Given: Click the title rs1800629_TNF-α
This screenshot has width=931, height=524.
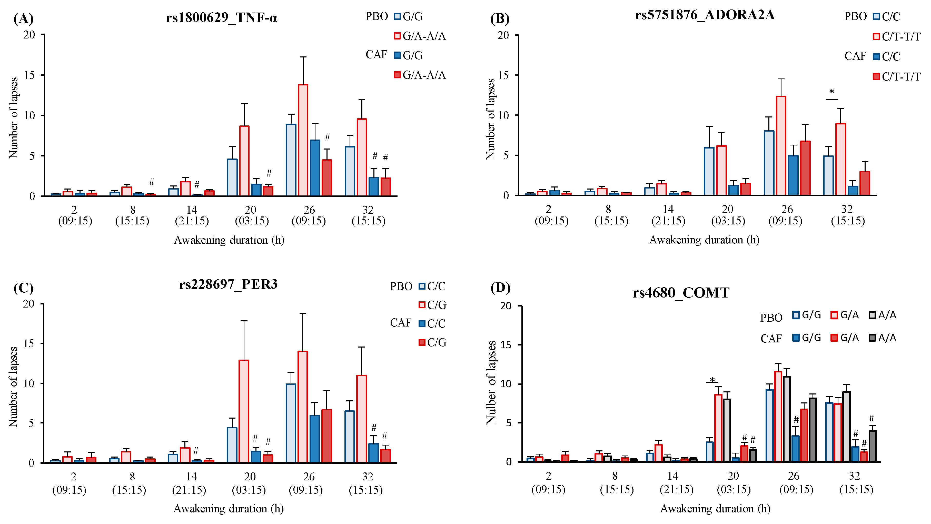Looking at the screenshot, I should point(222,17).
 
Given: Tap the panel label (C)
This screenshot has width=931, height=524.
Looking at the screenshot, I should point(23,288).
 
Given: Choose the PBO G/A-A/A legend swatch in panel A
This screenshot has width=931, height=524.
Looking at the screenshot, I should point(397,36).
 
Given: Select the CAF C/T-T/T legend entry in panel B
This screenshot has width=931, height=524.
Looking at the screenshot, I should point(896,77).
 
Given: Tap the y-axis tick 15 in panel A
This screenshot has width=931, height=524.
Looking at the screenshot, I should point(29,75).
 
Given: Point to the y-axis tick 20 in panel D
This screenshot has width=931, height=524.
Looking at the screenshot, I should point(506,306).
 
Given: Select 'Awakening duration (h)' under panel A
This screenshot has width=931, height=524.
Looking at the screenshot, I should point(229,240).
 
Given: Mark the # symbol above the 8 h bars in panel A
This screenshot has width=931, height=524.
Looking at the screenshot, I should point(151,182).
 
